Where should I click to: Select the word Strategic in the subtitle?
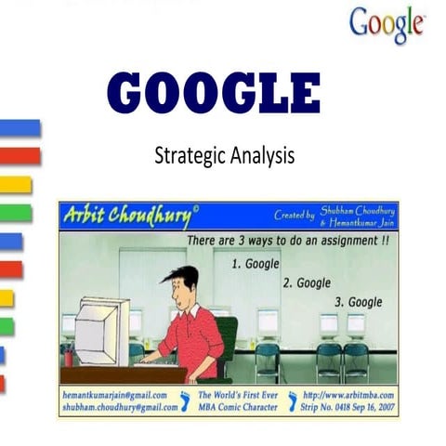point(189,156)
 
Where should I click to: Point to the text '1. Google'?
point(254,264)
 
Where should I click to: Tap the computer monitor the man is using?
point(101,329)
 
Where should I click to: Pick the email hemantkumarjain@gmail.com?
point(116,395)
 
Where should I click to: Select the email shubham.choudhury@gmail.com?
point(118,406)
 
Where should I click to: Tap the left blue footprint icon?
point(186,400)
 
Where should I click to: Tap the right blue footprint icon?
point(294,400)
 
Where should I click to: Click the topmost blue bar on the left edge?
point(20,128)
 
